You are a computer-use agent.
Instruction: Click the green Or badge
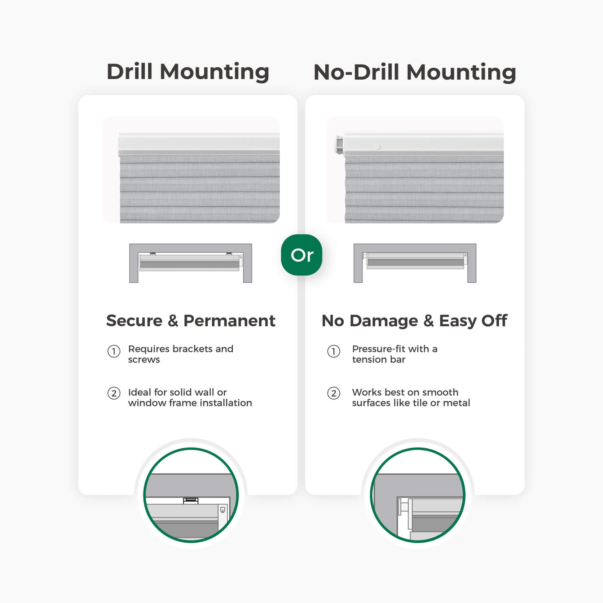tap(301, 255)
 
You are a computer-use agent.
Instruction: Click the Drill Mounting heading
tap(188, 72)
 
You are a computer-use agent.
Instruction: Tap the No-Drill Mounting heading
tap(415, 72)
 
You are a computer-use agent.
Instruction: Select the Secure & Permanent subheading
tap(191, 320)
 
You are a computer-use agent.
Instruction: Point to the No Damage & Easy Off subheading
tap(415, 321)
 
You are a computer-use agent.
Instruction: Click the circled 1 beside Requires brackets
tap(114, 351)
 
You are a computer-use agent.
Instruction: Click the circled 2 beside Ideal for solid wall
tap(114, 393)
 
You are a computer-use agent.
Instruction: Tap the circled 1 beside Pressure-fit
tap(334, 351)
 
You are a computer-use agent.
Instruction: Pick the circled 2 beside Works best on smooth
tap(334, 393)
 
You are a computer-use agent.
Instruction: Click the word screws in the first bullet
tap(144, 359)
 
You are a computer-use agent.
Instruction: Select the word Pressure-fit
tap(379, 349)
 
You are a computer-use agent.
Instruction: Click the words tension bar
tap(379, 359)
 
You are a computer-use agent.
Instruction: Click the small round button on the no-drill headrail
tap(377, 146)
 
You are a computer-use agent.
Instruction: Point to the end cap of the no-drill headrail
tap(339, 143)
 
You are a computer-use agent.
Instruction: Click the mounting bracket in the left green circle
tap(191, 500)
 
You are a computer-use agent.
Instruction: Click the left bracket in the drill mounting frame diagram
tap(153, 253)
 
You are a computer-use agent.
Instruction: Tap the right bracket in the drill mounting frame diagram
tap(229, 253)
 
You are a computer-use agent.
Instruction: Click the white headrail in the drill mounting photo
tap(199, 144)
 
